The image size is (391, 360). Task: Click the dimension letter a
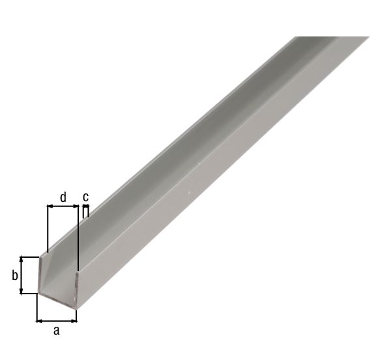56,331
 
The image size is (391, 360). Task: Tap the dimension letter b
14,275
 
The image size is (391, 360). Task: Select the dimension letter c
85,197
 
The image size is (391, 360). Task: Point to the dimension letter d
63,196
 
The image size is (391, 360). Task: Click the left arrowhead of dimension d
50,207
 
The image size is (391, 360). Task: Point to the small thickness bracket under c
85,210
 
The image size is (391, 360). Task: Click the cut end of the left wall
42,273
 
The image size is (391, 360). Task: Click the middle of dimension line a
57,320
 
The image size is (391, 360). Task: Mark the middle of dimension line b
23,275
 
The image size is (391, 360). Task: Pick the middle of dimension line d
63,207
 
